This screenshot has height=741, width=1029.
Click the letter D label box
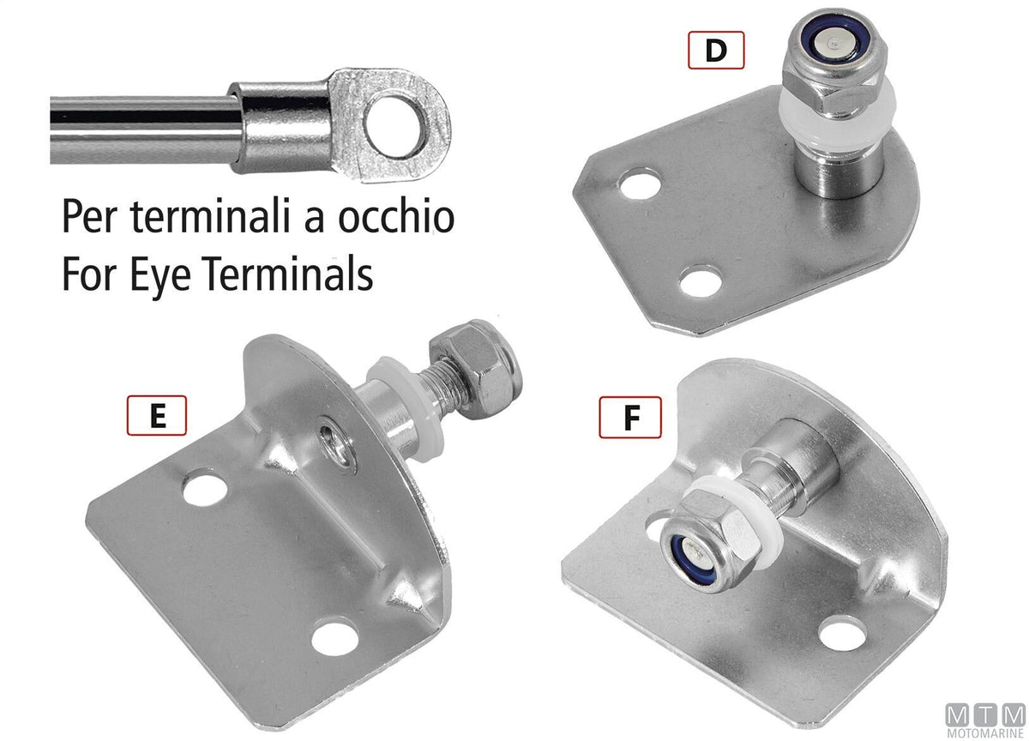[x=716, y=50]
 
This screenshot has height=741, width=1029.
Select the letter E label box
[x=157, y=415]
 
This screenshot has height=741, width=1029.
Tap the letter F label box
[x=630, y=417]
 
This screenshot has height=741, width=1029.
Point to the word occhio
[x=396, y=216]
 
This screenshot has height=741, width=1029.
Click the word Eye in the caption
[x=160, y=274]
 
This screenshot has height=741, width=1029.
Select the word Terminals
[x=287, y=274]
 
